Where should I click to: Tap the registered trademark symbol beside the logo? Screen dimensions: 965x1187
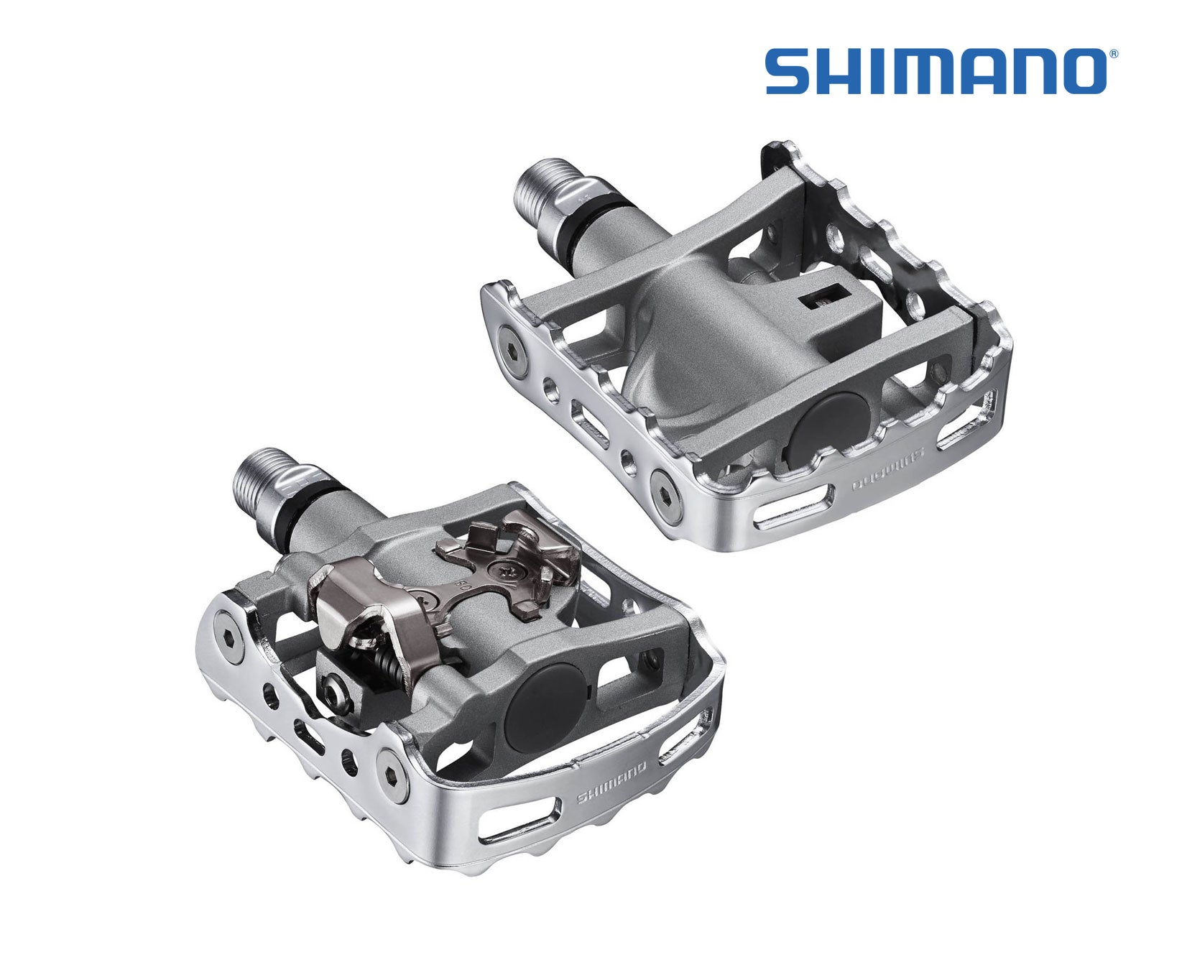pyautogui.click(x=1113, y=54)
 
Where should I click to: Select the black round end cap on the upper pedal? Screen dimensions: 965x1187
pyautogui.click(x=827, y=424)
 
